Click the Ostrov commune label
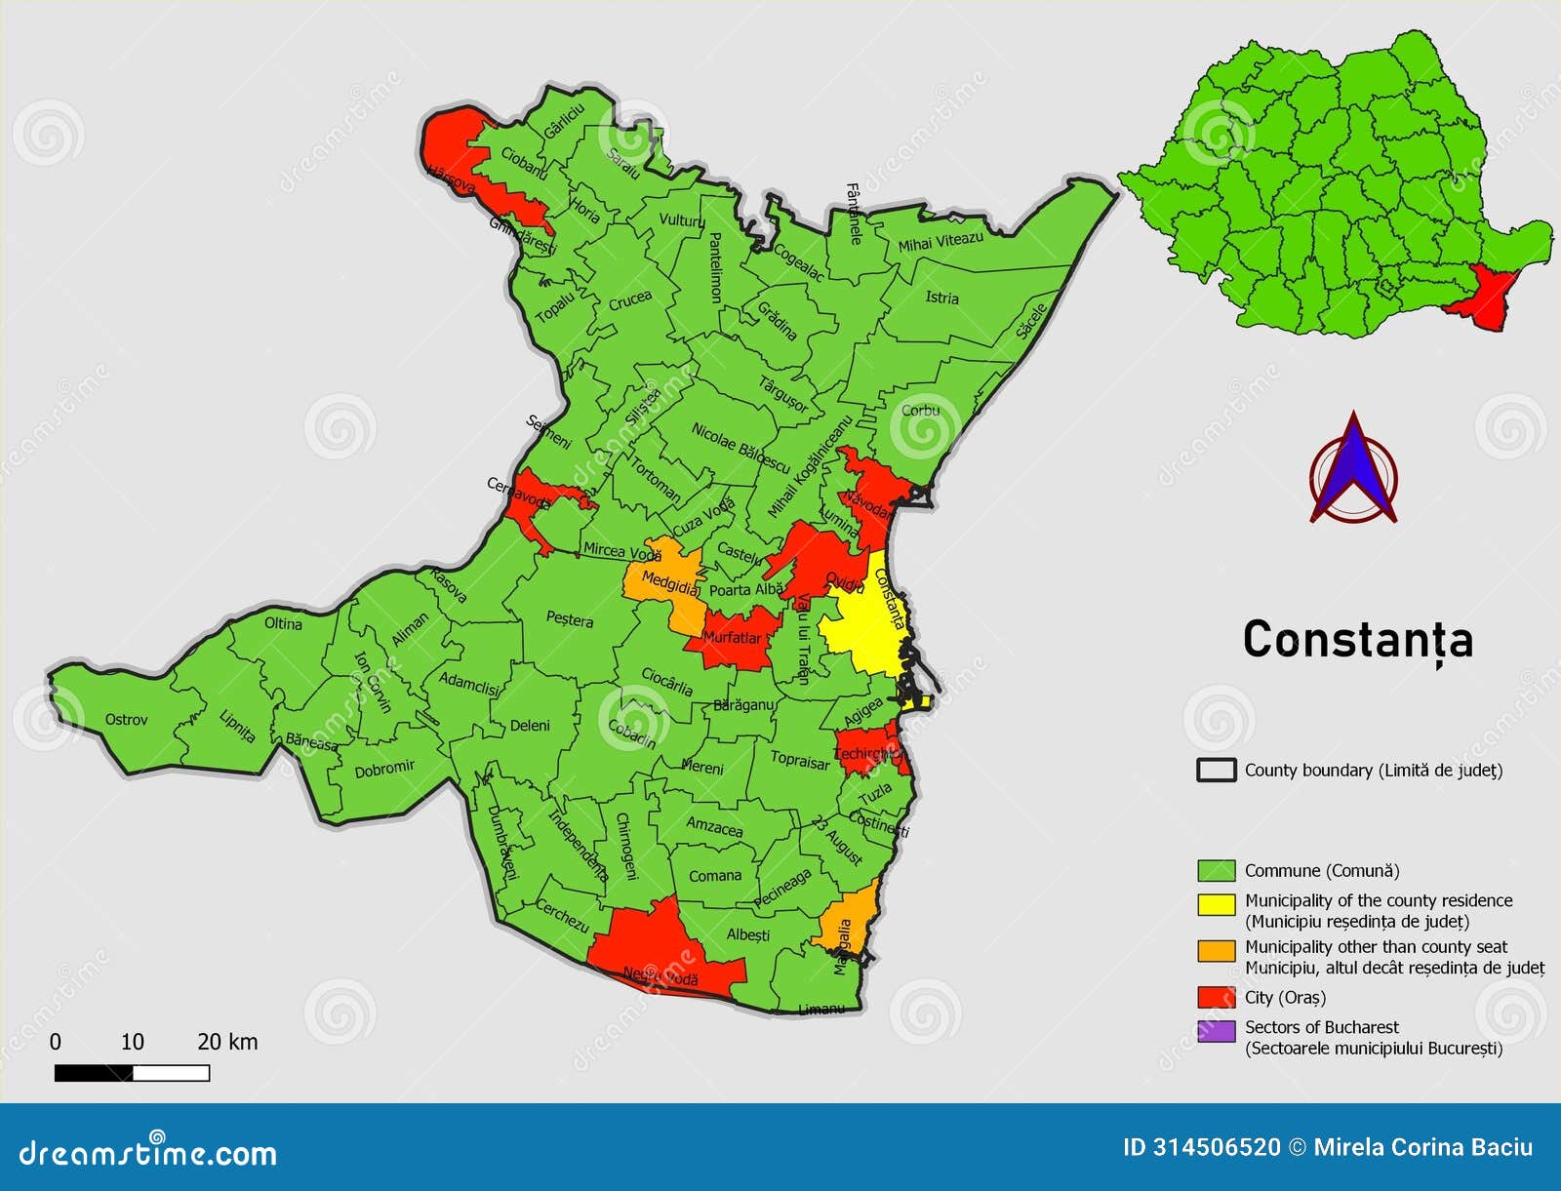point(126,720)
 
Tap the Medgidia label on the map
point(670,583)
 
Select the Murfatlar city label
point(732,638)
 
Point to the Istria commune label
point(941,298)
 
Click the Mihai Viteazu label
point(941,241)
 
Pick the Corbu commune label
point(920,410)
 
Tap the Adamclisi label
point(468,683)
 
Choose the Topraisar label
point(799,760)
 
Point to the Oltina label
point(283,623)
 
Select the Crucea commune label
point(629,300)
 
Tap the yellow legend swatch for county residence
point(1217,903)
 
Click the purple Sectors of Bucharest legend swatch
point(1217,1030)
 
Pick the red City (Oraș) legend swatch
point(1217,997)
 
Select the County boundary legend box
point(1217,770)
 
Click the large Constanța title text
point(1357,641)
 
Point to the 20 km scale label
point(227,1042)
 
